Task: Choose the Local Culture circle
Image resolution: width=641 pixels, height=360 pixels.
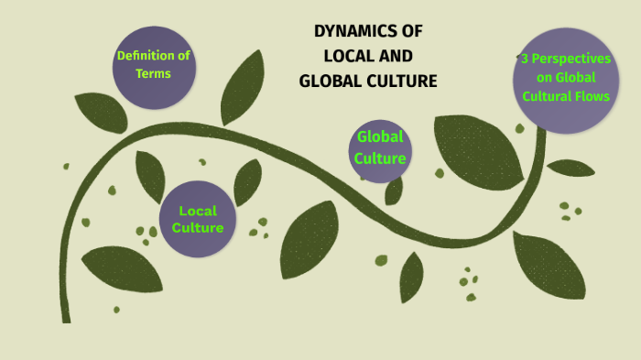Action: point(198,220)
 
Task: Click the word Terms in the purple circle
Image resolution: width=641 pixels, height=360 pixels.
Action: point(153,73)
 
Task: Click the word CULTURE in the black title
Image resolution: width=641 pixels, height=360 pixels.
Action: point(400,82)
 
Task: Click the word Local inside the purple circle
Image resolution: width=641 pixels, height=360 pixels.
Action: point(198,212)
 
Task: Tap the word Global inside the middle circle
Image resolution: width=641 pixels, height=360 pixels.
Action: point(380,137)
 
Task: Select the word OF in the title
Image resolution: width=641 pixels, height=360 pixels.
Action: point(411,31)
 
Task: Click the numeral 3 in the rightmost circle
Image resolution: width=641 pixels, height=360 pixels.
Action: point(525,58)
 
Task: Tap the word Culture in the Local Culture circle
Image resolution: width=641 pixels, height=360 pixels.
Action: point(198,228)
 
